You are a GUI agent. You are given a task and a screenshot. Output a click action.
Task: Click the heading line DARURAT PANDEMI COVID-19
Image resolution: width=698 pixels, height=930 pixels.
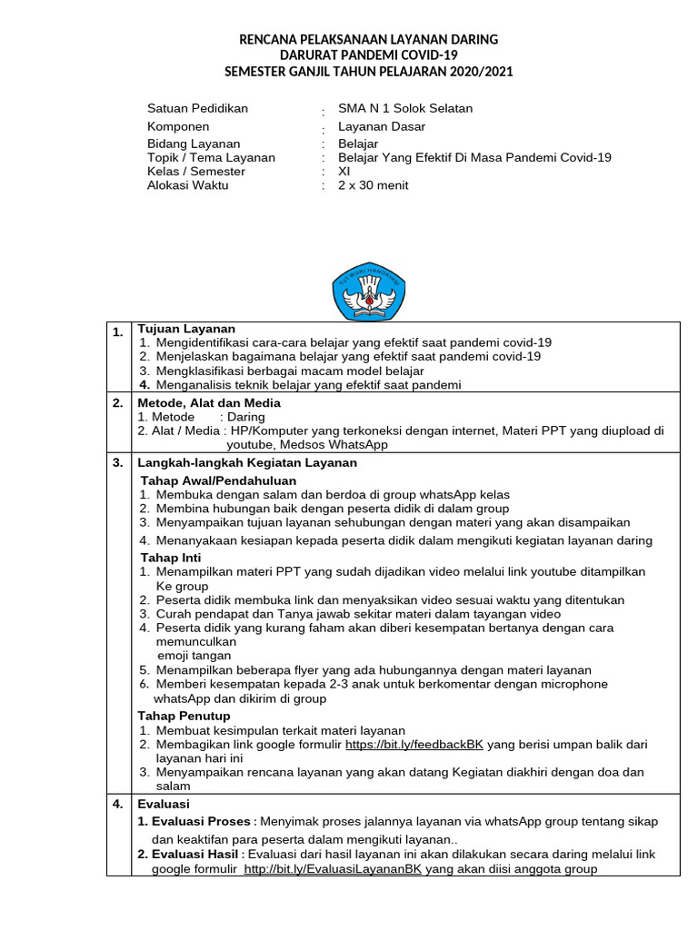click(368, 55)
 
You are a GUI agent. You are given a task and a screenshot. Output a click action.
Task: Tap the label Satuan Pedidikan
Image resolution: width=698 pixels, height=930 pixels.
click(197, 108)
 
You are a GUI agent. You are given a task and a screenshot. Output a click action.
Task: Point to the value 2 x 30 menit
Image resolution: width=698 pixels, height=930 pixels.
click(373, 185)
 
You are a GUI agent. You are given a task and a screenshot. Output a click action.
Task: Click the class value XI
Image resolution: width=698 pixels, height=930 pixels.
click(344, 171)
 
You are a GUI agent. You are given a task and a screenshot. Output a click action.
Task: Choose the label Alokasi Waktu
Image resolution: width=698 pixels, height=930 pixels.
click(188, 185)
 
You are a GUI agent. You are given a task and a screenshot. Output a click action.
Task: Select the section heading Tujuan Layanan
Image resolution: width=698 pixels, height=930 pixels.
click(186, 329)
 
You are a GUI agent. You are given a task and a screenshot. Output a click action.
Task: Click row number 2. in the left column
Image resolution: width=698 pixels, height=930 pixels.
click(117, 402)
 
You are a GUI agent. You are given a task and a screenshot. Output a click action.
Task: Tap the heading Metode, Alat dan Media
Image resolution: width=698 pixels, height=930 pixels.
click(209, 402)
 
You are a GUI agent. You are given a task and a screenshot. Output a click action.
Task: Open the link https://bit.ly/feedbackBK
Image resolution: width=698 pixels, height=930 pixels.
click(414, 745)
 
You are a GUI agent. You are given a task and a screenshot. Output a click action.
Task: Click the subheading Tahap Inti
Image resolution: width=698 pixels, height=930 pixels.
click(171, 558)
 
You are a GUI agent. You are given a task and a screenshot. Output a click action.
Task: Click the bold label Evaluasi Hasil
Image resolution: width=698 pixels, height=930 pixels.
click(191, 855)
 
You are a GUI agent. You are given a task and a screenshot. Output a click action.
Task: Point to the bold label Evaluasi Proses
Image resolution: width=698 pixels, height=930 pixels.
click(194, 821)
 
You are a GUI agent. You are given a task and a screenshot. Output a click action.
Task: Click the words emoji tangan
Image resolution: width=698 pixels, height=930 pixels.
click(194, 655)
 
